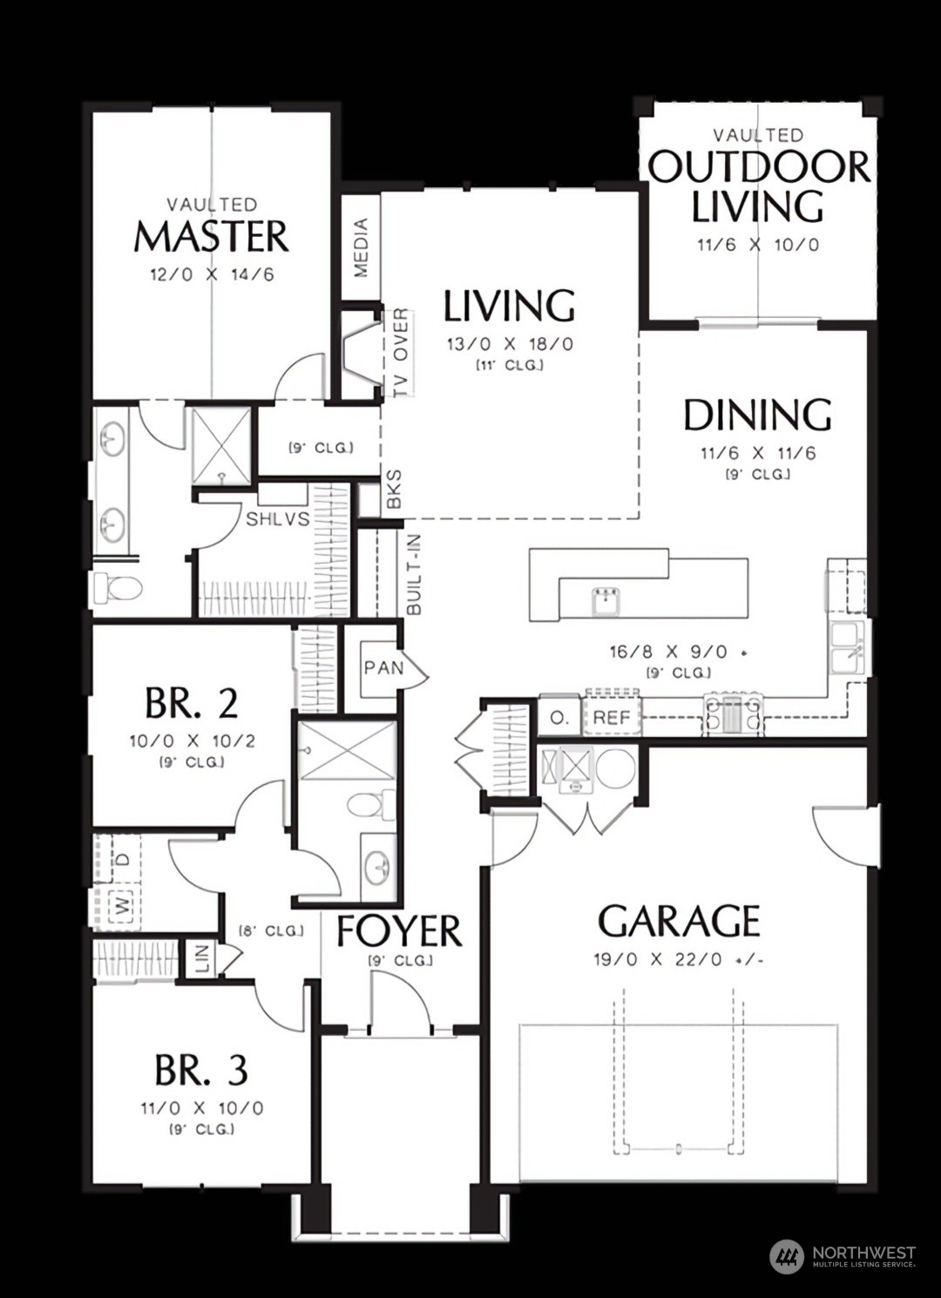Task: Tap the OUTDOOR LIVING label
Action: [x=758, y=186]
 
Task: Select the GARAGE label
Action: [x=679, y=921]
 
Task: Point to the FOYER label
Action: [x=399, y=931]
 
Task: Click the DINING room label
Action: [x=757, y=416]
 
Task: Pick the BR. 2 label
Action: [x=192, y=703]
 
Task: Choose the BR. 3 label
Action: [x=201, y=1070]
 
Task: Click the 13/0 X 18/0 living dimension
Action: [x=510, y=344]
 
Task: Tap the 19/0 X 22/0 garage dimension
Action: [x=677, y=960]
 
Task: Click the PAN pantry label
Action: [x=383, y=668]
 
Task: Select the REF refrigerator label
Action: [x=612, y=719]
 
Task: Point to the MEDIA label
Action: [x=361, y=247]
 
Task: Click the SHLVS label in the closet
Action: [x=278, y=519]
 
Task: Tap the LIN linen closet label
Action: [x=202, y=959]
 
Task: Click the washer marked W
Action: [x=124, y=906]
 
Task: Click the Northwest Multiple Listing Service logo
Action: [x=843, y=1255]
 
